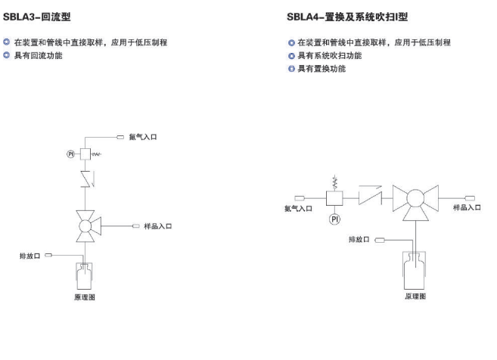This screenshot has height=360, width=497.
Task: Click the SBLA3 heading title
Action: click(x=37, y=17)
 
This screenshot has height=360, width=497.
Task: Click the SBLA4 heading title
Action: click(x=347, y=17)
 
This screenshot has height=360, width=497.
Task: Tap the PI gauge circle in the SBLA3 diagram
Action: click(x=70, y=154)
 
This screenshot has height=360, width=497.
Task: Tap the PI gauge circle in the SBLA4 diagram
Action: click(x=334, y=219)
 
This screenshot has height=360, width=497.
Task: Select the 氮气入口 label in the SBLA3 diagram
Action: click(x=143, y=137)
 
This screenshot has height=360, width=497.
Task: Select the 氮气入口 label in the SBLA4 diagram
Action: click(x=298, y=209)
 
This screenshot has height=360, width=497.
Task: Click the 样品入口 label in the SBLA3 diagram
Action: click(x=158, y=226)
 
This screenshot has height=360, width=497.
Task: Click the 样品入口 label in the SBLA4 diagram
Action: click(x=467, y=207)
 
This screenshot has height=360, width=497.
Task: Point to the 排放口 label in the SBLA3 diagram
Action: click(x=30, y=256)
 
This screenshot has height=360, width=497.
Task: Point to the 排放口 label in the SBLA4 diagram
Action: click(x=359, y=239)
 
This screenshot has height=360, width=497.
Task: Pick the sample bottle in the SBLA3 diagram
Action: click(x=84, y=276)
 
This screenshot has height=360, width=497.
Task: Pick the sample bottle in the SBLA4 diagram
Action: click(x=415, y=270)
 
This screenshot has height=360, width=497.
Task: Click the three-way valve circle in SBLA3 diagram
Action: click(x=85, y=226)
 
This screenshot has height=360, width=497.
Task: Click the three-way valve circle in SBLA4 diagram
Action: click(x=415, y=198)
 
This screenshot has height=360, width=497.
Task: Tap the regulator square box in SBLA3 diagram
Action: click(x=85, y=154)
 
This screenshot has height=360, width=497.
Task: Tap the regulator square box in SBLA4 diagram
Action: click(x=334, y=198)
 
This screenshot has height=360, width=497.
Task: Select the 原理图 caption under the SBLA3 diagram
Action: click(x=85, y=297)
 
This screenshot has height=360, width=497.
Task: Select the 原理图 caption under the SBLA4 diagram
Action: click(x=415, y=296)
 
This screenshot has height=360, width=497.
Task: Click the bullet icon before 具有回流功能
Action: click(x=6, y=55)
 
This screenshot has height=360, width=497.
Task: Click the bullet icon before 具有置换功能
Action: click(x=291, y=69)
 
